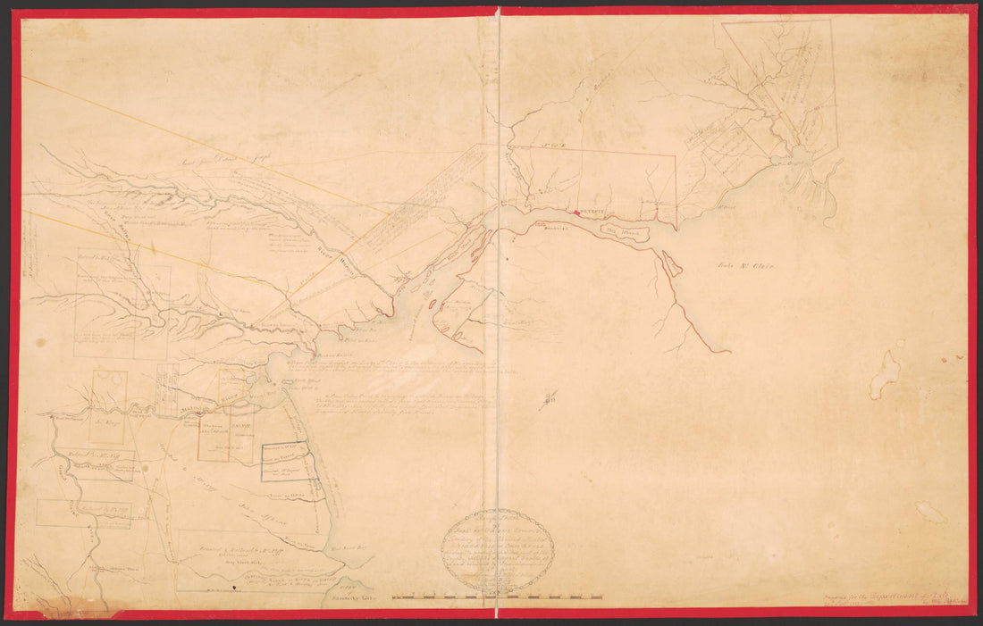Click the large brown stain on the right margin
click(885, 374)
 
